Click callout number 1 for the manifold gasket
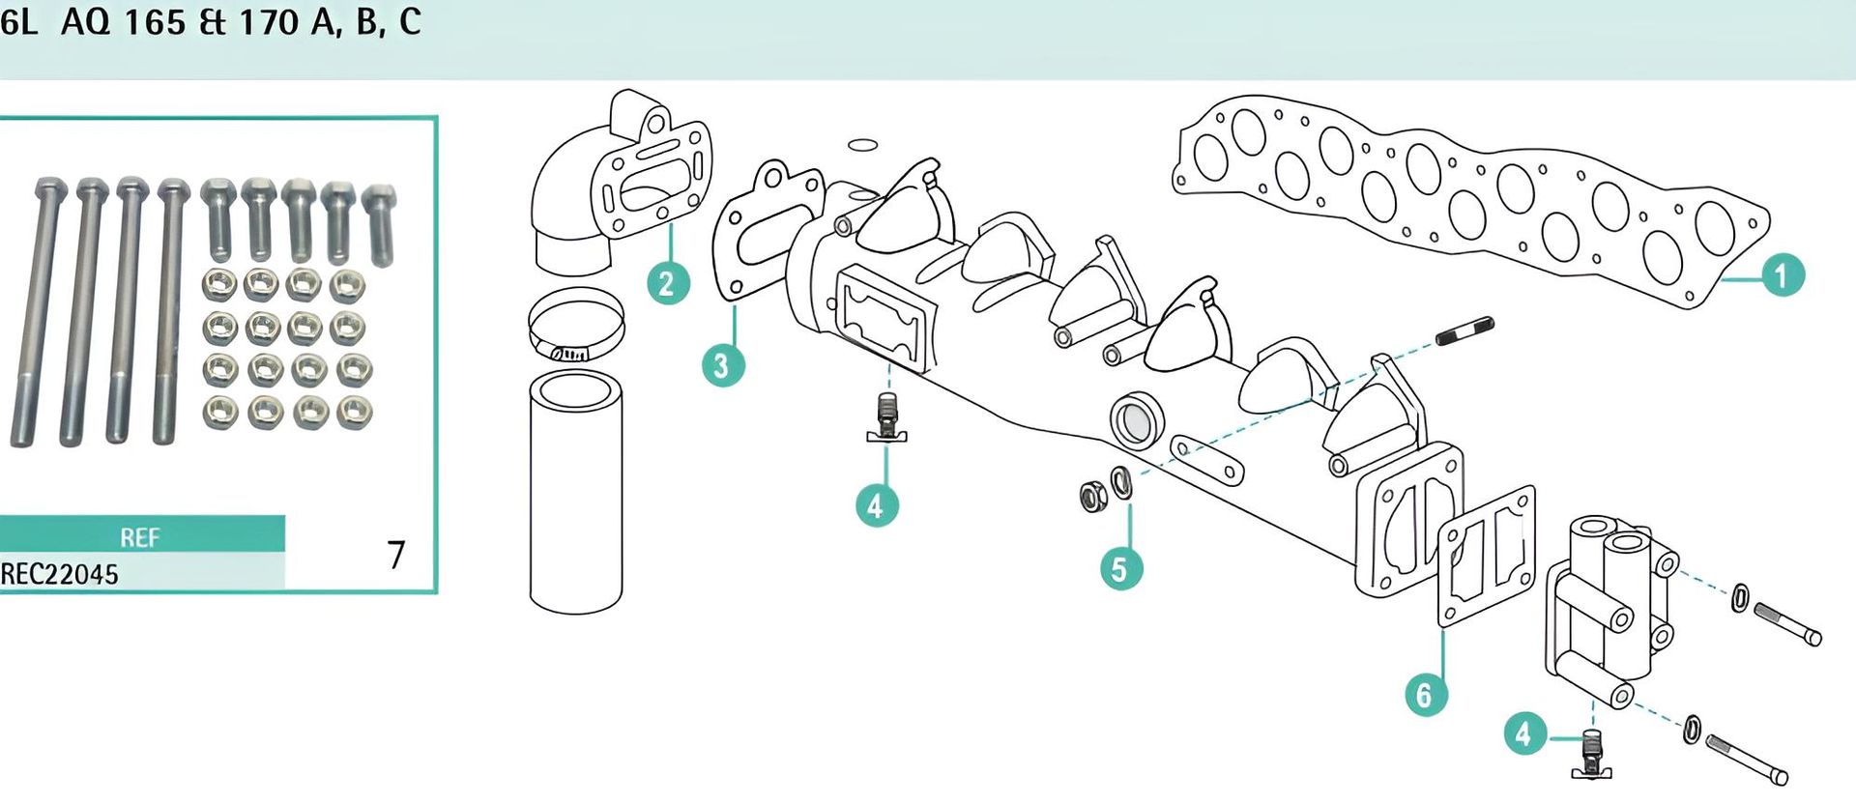click(1781, 275)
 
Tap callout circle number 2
click(667, 283)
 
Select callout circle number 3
click(722, 365)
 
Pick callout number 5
click(1120, 568)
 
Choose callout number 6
click(1425, 695)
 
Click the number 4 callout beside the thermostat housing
click(1525, 734)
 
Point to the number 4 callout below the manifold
click(877, 504)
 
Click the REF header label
click(140, 537)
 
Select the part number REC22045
click(59, 575)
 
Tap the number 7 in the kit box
click(396, 555)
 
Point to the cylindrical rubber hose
click(576, 493)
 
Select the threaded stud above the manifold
click(1465, 330)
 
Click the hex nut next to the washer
click(1093, 496)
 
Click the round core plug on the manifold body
click(1138, 420)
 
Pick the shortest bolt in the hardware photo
click(380, 224)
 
